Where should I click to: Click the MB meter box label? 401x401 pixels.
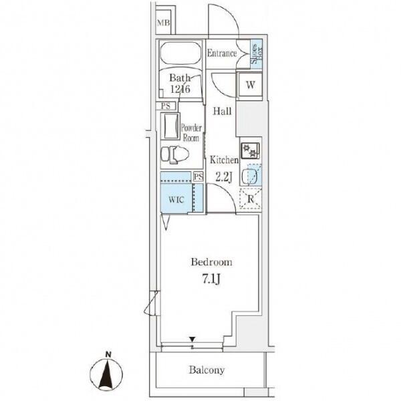pyautogui.click(x=163, y=23)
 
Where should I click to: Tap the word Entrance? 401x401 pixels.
pyautogui.click(x=222, y=53)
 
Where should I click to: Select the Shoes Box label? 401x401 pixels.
pyautogui.click(x=257, y=53)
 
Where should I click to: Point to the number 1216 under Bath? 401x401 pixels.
pyautogui.click(x=180, y=89)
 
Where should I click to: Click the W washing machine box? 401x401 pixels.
pyautogui.click(x=251, y=85)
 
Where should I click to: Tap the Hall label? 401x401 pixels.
pyautogui.click(x=223, y=111)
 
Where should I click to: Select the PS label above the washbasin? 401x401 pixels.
pyautogui.click(x=166, y=106)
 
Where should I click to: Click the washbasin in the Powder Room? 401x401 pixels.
pyautogui.click(x=170, y=126)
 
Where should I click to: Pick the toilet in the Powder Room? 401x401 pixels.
pyautogui.click(x=174, y=154)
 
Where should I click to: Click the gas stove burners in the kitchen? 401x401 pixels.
pyautogui.click(x=250, y=150)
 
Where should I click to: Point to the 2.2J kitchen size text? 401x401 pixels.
pyautogui.click(x=224, y=176)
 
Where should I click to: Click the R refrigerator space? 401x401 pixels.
pyautogui.click(x=251, y=198)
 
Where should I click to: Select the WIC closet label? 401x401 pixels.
pyautogui.click(x=176, y=200)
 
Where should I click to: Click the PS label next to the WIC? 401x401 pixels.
pyautogui.click(x=198, y=176)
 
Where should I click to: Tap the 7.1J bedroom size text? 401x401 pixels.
pyautogui.click(x=211, y=279)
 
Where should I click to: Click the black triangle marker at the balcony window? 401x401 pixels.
pyautogui.click(x=192, y=340)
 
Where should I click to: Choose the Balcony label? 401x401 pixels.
pyautogui.click(x=207, y=370)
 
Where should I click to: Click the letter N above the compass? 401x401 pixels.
pyautogui.click(x=109, y=355)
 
